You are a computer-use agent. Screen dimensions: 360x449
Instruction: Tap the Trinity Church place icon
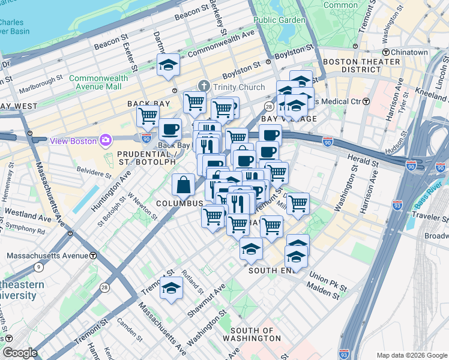pos(204,87)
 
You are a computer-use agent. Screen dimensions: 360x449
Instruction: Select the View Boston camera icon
pos(106,140)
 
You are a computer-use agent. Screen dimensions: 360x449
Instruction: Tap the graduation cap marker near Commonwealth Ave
pos(169,65)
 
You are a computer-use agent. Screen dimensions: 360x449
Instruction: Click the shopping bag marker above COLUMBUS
pos(183,185)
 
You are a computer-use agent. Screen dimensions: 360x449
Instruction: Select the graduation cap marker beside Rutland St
pos(172,288)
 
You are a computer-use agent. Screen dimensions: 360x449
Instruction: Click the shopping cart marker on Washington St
pos(298,205)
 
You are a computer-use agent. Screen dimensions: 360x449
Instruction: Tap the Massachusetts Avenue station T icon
pos(93,256)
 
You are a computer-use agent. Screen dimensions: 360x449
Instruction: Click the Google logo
pos(20,353)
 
